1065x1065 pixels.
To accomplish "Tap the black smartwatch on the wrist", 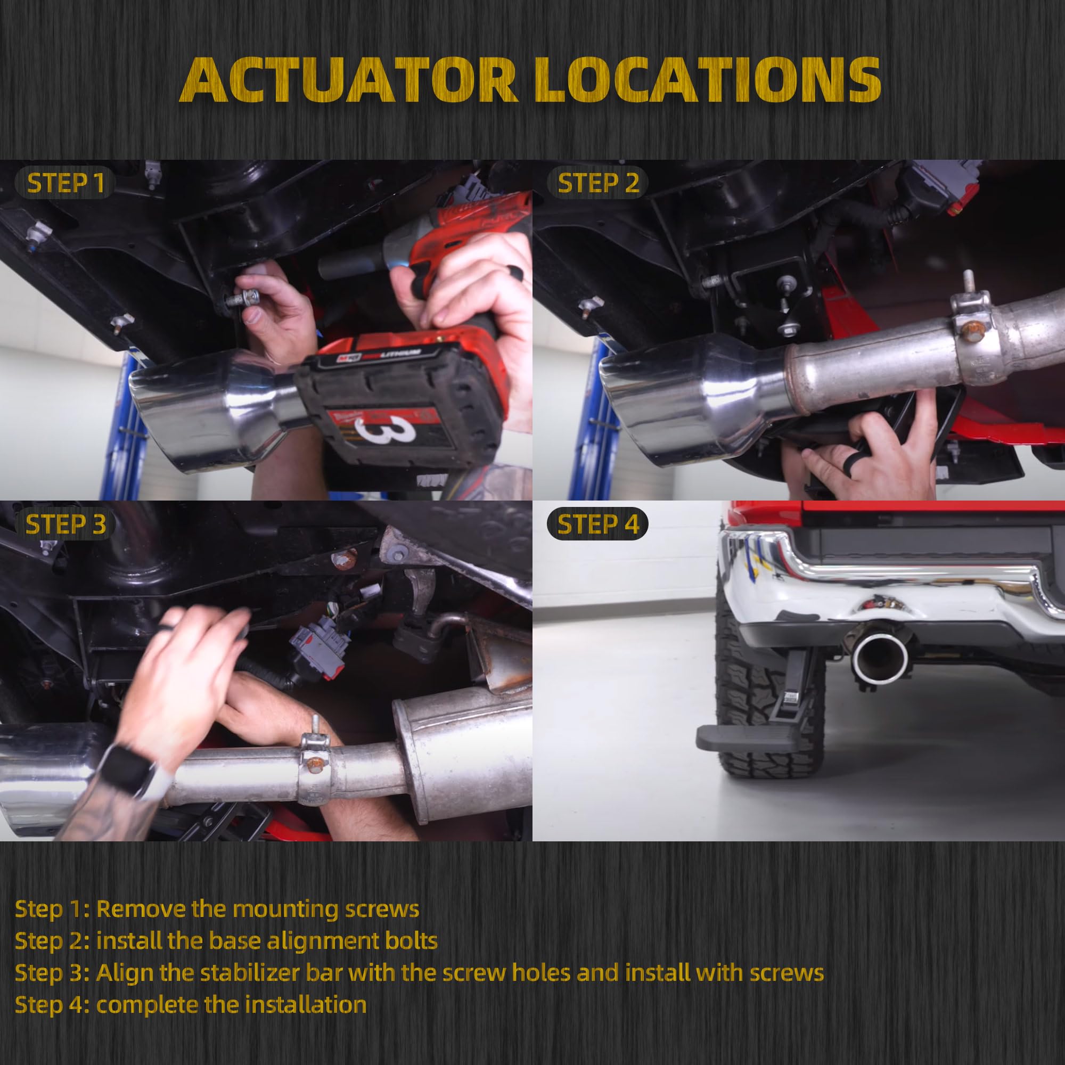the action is pos(126,770).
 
